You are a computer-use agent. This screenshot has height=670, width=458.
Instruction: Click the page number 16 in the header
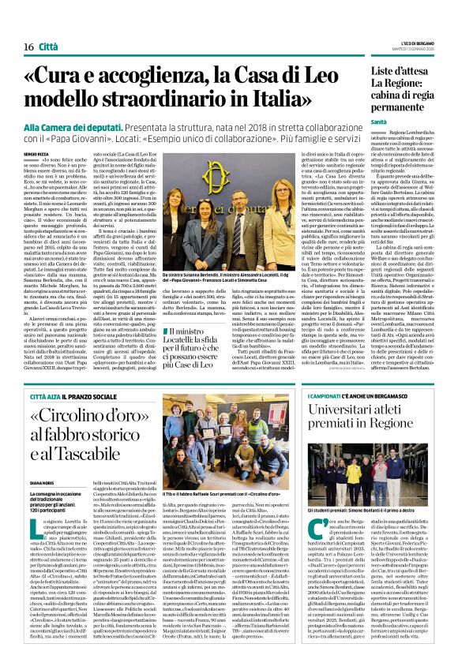(x=17, y=48)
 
